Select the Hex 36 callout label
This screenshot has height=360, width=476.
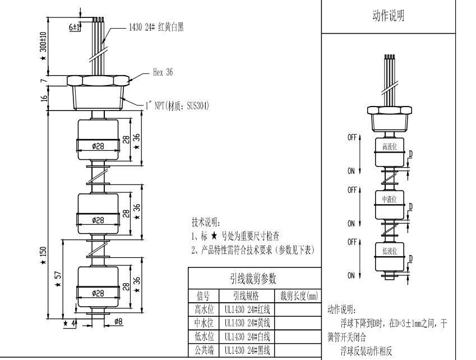tap(163, 72)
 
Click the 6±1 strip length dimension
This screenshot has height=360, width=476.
tap(74, 26)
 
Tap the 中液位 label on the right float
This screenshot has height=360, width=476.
tap(390, 199)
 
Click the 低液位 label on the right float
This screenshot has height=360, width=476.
tap(390, 251)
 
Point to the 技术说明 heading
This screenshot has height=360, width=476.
tap(206, 223)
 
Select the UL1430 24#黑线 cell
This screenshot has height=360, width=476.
tap(247, 350)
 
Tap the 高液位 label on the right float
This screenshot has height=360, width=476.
tap(390, 147)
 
